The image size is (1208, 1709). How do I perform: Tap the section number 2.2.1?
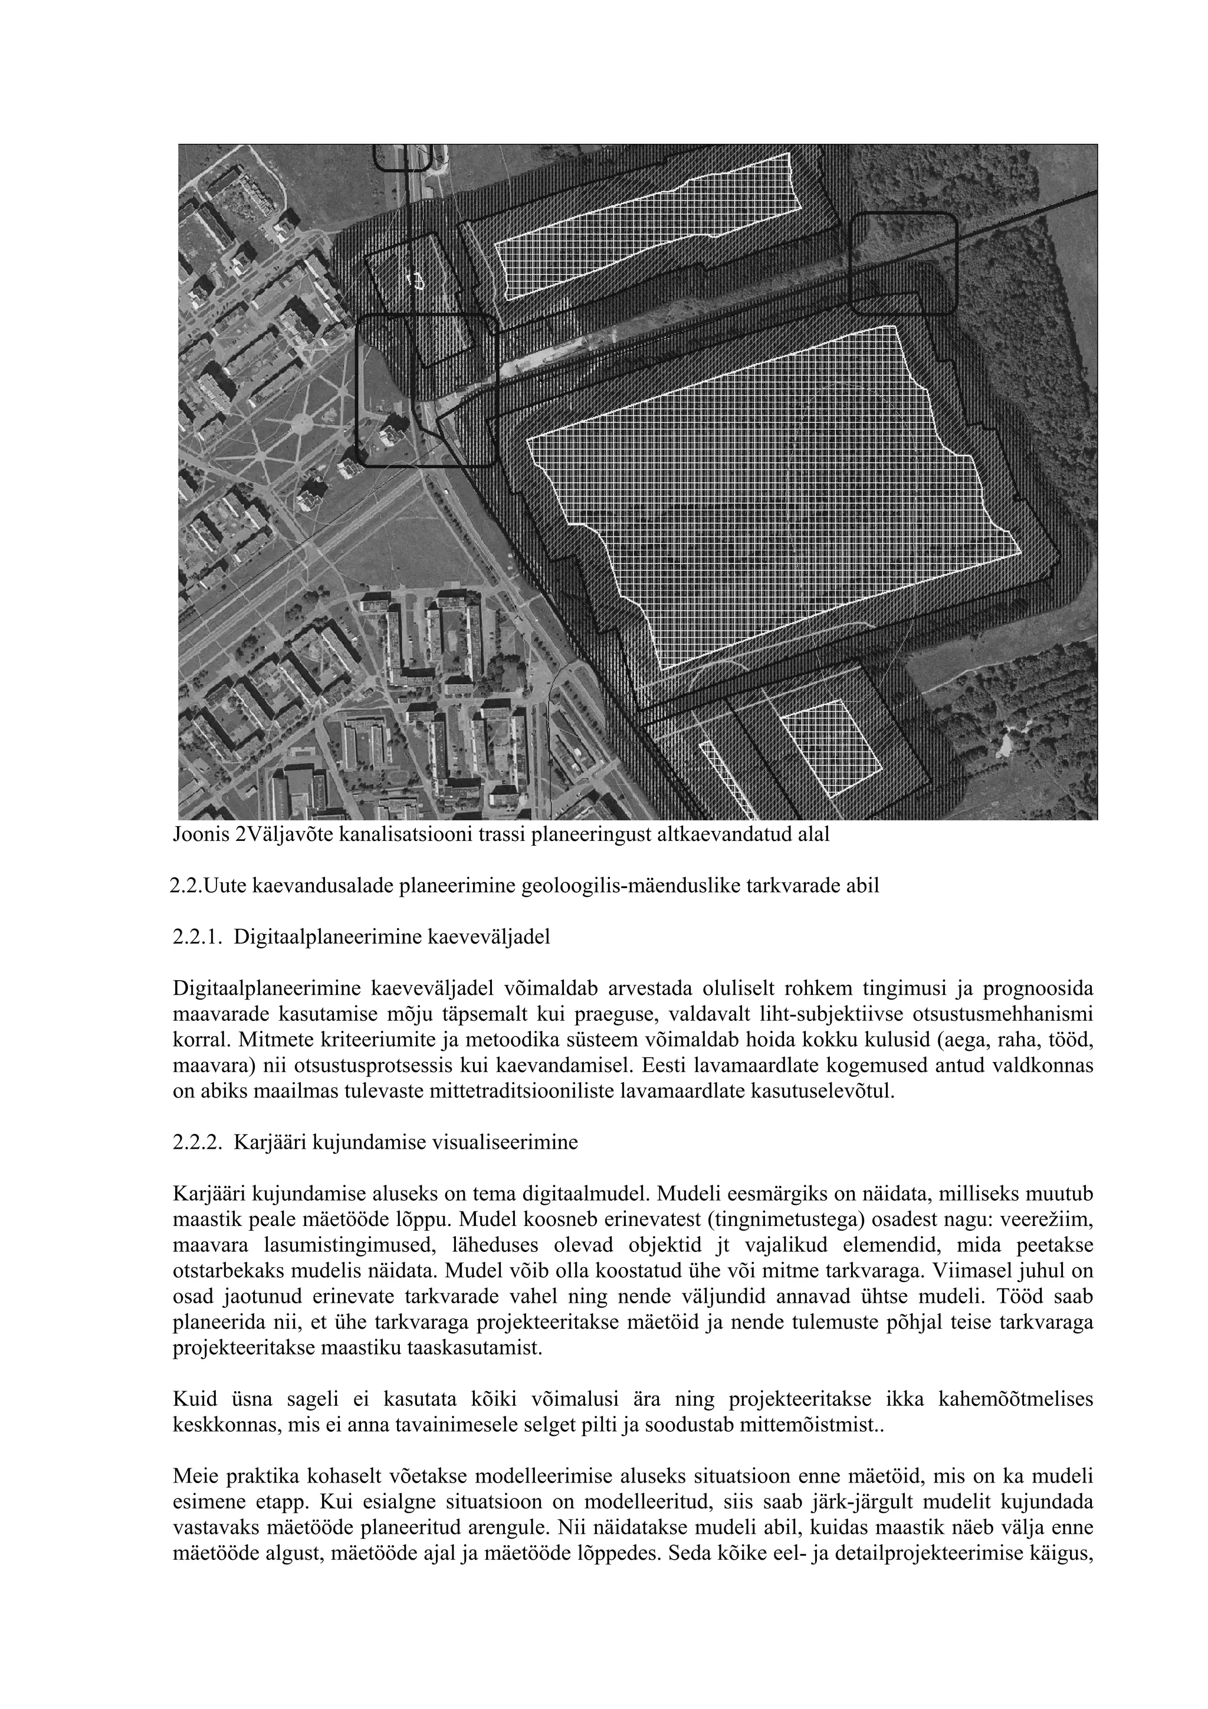pos(197,937)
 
